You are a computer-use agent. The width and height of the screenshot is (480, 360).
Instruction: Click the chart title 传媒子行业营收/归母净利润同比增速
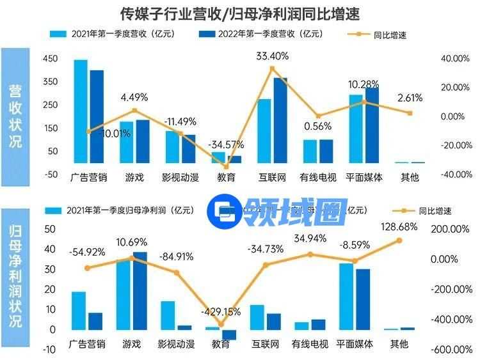(240, 12)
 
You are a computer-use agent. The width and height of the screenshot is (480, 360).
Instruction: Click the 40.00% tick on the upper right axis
(452, 58)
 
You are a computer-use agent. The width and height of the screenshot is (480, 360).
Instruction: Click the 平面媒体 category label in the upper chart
(363, 177)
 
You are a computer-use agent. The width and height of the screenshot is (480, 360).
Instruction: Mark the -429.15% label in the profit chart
(220, 312)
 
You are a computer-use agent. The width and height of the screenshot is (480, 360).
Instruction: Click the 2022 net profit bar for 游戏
(140, 290)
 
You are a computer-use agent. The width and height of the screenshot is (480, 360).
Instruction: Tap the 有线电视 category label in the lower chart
(310, 345)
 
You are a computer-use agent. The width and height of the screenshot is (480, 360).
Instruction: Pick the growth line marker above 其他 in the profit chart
(399, 240)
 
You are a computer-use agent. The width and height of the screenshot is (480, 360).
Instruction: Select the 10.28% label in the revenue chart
(364, 84)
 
